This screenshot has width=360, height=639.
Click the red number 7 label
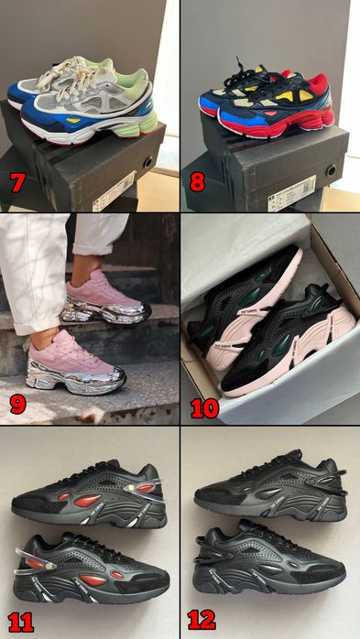click(x=16, y=181)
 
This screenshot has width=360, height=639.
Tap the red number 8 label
click(x=197, y=181)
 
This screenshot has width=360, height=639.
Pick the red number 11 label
click(x=20, y=622)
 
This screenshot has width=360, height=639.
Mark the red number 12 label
click(x=202, y=620)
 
